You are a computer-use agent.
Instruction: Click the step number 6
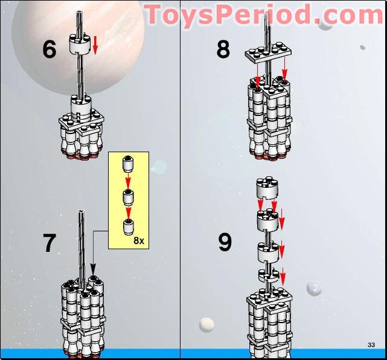[50, 49]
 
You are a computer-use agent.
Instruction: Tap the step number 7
[50, 243]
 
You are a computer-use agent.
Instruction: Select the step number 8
[223, 49]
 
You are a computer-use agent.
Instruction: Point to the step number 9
[225, 243]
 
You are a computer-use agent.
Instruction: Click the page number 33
[371, 344]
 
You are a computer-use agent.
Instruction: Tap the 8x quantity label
[139, 240]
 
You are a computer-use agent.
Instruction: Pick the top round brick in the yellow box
[127, 164]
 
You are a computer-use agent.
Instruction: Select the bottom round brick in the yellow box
[127, 227]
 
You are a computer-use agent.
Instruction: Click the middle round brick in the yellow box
[127, 196]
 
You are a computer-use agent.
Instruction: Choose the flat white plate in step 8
[268, 53]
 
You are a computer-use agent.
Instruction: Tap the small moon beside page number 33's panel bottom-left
[206, 325]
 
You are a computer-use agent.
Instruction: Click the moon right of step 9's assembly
[313, 288]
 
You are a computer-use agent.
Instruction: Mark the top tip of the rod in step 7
[81, 212]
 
